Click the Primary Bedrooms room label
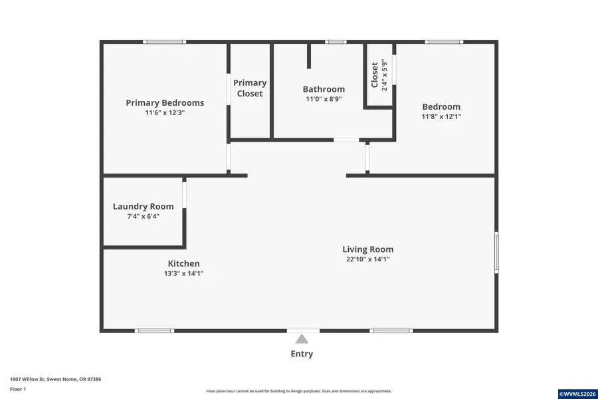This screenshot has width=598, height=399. tap(165, 102)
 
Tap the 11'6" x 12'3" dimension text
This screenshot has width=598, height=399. tap(165, 113)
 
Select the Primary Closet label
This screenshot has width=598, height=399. tap(250, 88)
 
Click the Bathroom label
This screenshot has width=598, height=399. tap(324, 89)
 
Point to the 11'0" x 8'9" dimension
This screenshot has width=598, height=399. tap(324, 99)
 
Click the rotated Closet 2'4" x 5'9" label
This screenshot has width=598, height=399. tap(379, 75)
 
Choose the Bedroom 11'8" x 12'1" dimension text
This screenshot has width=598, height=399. tap(441, 117)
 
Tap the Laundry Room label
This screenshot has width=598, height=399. tap(143, 206)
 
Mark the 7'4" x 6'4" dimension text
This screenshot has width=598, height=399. tap(143, 216)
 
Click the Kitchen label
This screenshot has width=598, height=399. tap(183, 263)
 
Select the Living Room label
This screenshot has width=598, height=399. tap(368, 249)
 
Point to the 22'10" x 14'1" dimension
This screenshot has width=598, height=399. tap(368, 259)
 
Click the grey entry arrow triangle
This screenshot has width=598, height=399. tap(302, 339)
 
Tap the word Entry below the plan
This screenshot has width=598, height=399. tap(302, 354)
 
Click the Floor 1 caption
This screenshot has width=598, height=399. tap(18, 389)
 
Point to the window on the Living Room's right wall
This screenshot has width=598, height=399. tap(496, 252)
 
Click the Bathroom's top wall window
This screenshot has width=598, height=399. tap(336, 42)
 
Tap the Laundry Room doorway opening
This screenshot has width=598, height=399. tap(185, 193)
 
